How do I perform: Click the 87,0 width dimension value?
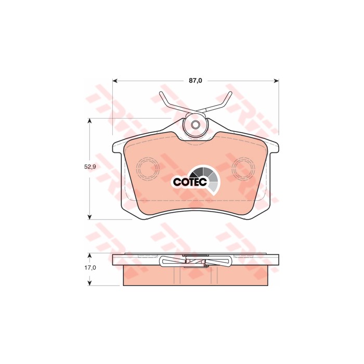(195, 81)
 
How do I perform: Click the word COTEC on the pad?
(190, 182)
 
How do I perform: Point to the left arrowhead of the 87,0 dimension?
(115, 81)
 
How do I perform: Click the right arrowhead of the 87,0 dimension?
(276, 81)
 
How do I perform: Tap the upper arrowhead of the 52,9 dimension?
(89, 121)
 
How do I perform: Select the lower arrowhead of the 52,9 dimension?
(89, 217)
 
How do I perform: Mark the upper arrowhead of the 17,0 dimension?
(89, 256)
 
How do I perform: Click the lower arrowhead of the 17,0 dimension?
(89, 283)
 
